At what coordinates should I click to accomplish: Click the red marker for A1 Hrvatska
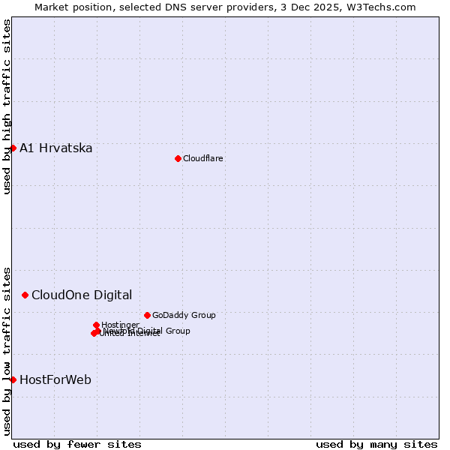(x=13, y=148)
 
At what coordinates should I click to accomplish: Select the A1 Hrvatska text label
(x=56, y=148)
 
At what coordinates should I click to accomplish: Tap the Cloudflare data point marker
(x=178, y=158)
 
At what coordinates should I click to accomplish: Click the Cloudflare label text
(x=202, y=158)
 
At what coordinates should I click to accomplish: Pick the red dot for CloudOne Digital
(x=25, y=295)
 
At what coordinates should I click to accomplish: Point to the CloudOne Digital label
(x=82, y=295)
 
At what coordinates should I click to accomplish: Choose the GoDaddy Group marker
(x=147, y=315)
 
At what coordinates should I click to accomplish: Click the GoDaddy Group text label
(x=184, y=315)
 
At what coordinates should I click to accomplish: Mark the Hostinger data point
(x=96, y=325)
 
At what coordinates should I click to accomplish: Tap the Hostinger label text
(x=120, y=325)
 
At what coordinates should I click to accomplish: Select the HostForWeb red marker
(x=13, y=379)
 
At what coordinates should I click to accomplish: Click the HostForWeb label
(x=55, y=379)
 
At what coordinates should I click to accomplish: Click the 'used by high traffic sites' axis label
(x=7, y=106)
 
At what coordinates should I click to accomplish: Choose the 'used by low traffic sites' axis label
(x=7, y=350)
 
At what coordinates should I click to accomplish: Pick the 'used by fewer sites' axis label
(x=77, y=444)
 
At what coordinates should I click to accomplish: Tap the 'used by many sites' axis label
(x=376, y=444)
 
